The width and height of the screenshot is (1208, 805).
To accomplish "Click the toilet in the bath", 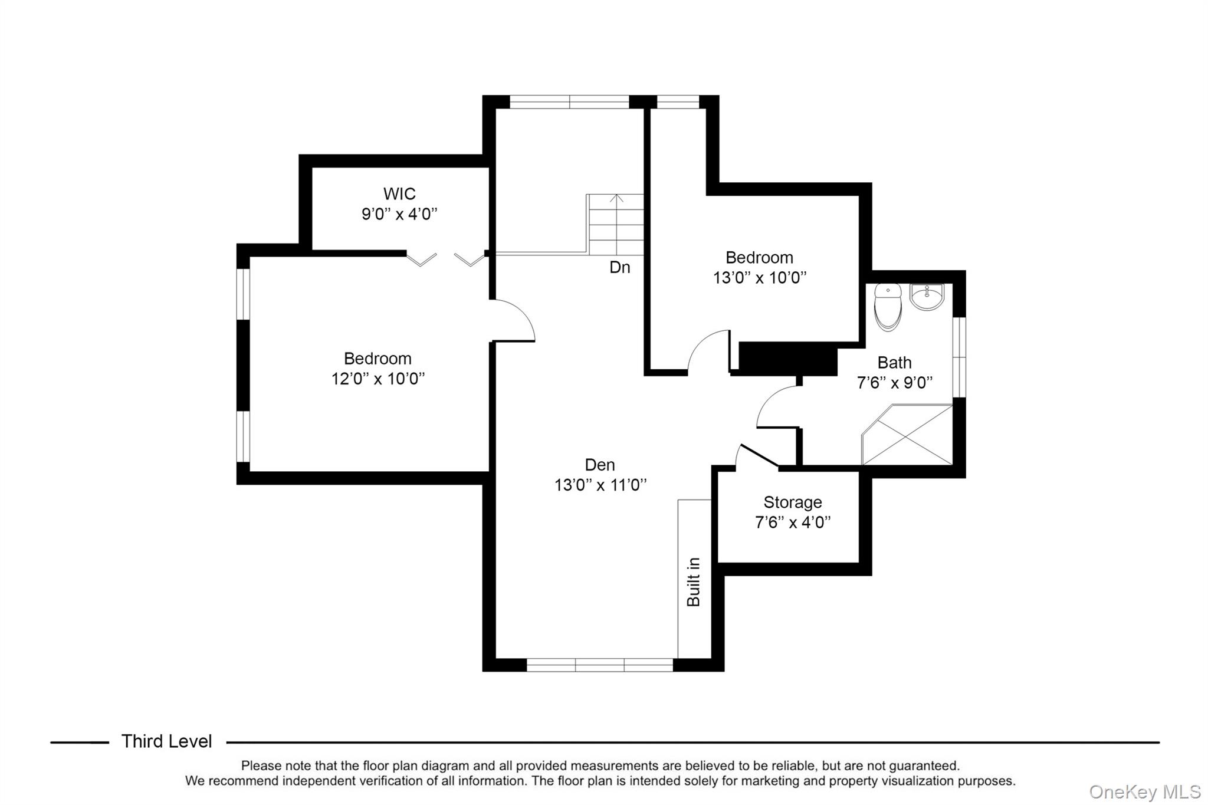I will tap(888, 307).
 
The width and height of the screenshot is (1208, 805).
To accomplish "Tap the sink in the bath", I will tap(927, 297).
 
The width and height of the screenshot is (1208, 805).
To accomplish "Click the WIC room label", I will tap(399, 193).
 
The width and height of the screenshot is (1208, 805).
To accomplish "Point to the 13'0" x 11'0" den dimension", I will tap(600, 485).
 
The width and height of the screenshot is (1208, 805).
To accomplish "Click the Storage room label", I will tap(792, 502).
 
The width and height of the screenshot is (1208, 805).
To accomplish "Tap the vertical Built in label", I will tap(694, 581).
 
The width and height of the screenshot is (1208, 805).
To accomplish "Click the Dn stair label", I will tap(619, 267).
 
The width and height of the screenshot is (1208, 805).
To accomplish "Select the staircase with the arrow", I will tap(616, 225).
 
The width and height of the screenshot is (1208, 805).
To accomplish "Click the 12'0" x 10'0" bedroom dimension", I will tap(377, 379).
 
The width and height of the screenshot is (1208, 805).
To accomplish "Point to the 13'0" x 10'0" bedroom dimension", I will tap(759, 277).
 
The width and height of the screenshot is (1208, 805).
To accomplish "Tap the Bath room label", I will tap(894, 362).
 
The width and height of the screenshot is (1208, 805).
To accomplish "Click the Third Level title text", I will tap(166, 741).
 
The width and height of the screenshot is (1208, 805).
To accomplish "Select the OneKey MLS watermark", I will tap(1144, 791).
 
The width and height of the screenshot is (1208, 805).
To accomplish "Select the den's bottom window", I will tap(599, 665).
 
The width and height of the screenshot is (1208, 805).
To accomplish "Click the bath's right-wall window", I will tap(960, 357).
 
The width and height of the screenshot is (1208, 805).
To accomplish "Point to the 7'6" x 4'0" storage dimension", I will tap(792, 522).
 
